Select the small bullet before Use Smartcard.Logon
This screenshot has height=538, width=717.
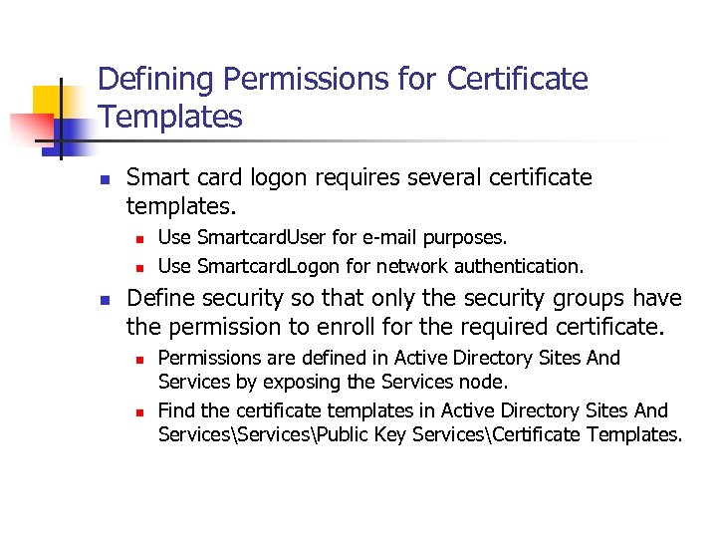pos(140,267)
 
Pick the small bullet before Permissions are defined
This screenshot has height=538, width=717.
pos(140,359)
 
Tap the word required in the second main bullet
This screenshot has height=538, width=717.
pos(529,326)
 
